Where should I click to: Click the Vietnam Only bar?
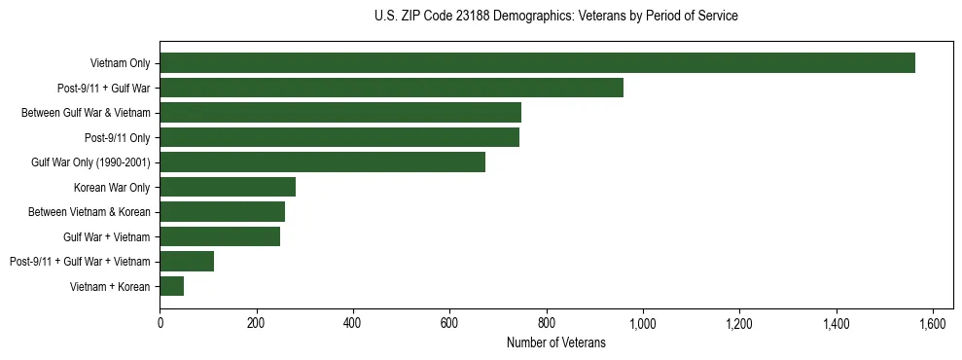537,63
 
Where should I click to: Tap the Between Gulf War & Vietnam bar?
340,113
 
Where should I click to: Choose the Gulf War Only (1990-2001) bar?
322,162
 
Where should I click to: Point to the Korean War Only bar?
228,187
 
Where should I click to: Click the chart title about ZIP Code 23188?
555,17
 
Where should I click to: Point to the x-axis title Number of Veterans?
555,342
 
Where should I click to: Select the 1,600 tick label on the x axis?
933,323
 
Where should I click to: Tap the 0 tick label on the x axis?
160,323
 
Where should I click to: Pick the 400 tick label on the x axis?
353,323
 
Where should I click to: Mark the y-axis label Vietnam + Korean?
110,286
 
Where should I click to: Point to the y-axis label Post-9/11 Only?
118,138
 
